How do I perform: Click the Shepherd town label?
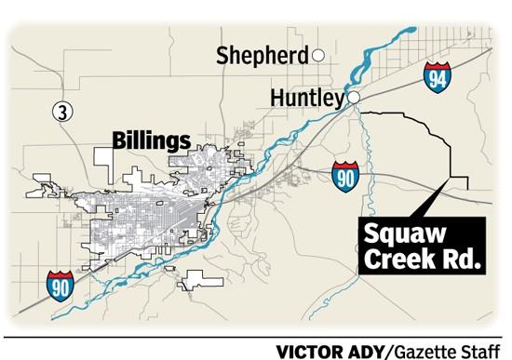pyautogui.click(x=262, y=56)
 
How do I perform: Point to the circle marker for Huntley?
pyautogui.click(x=354, y=97)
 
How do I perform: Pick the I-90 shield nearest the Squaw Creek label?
pyautogui.click(x=344, y=175)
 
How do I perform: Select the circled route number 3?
pyautogui.click(x=61, y=112)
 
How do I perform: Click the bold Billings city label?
pyautogui.click(x=151, y=140)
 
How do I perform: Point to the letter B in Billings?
pyautogui.click(x=118, y=140)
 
